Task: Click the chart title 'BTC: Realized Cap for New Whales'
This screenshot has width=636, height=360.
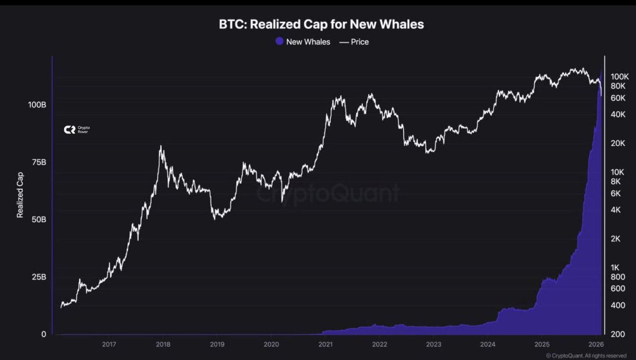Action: [321, 24]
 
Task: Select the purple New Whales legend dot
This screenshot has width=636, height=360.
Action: [279, 41]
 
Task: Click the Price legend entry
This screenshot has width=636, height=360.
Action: [354, 41]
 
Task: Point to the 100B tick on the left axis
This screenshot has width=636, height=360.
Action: [37, 104]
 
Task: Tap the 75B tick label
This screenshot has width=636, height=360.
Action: [38, 162]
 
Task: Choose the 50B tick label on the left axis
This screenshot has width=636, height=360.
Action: [38, 219]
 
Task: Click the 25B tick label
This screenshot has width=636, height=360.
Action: [38, 277]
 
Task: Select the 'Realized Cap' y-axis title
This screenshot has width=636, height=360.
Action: [20, 195]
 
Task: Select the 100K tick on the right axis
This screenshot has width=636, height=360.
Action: [620, 77]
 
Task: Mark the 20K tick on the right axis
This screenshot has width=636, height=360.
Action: [619, 143]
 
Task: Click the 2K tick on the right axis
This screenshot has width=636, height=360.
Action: [617, 239]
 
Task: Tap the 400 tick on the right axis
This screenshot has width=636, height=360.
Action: [618, 305]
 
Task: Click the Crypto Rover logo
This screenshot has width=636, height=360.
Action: [76, 129]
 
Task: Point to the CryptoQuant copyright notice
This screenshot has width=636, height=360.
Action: [586, 355]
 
